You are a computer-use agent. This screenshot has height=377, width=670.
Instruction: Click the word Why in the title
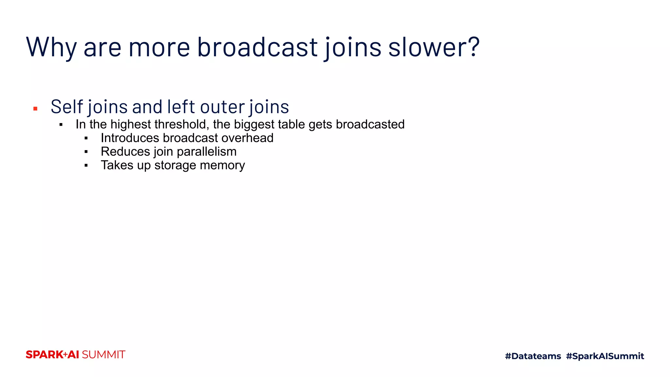pyautogui.click(x=51, y=47)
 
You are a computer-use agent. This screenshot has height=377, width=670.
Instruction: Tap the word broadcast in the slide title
pyautogui.click(x=257, y=47)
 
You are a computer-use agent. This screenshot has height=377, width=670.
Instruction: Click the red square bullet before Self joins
pyautogui.click(x=35, y=109)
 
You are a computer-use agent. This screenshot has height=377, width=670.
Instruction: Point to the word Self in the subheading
pyautogui.click(x=66, y=107)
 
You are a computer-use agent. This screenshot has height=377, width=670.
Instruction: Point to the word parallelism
pyautogui.click(x=206, y=152)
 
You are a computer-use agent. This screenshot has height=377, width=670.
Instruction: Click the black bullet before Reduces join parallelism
pyautogui.click(x=86, y=152)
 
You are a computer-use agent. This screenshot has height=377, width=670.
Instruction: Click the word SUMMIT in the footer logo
pyautogui.click(x=103, y=355)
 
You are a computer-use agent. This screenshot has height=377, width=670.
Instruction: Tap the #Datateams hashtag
pyautogui.click(x=533, y=356)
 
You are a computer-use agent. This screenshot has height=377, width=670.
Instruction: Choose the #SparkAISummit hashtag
pyautogui.click(x=605, y=356)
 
